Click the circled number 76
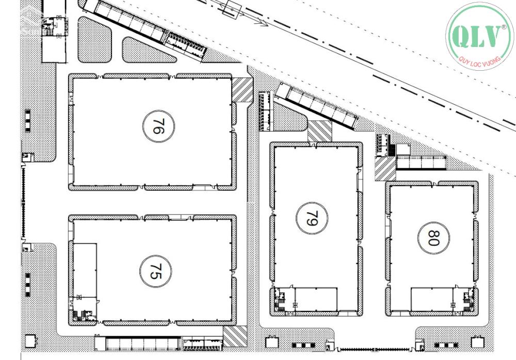point(158,126)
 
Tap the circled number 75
point(156,271)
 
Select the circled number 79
point(312,218)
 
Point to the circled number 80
point(433,238)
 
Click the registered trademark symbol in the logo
point(504,28)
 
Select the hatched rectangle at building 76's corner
point(242,89)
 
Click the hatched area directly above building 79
point(319,131)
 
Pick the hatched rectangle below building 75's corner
point(235,336)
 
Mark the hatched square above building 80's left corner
point(385,168)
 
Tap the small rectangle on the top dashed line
point(232,8)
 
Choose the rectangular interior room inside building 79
point(316,299)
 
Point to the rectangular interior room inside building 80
point(432,299)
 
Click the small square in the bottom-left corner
point(30,341)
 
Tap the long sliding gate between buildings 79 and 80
point(375,349)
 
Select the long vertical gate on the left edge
point(23,202)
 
